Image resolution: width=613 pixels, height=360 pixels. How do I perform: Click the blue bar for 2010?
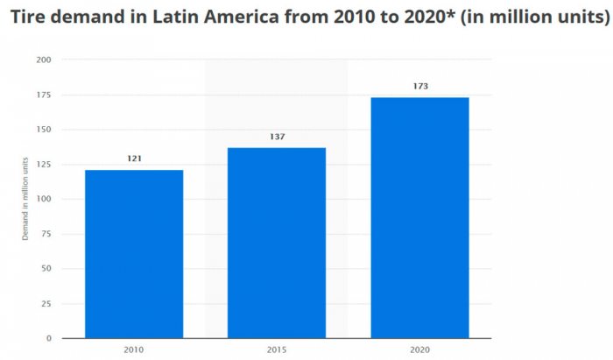pos(134,254)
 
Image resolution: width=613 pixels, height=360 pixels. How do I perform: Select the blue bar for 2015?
pos(277,243)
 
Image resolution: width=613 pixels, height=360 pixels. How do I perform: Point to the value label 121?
pos(134,159)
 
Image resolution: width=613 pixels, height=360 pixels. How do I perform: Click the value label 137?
pos(277,137)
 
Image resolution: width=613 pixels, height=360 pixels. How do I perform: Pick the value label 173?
pos(419,86)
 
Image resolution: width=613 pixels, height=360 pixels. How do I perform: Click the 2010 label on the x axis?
pos(134,350)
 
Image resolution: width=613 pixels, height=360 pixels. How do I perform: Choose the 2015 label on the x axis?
pos(277,350)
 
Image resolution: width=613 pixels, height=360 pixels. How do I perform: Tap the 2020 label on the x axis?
pos(419,350)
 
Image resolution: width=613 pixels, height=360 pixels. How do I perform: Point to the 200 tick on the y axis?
pos(44,60)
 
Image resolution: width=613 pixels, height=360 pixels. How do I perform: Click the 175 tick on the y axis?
pos(44,95)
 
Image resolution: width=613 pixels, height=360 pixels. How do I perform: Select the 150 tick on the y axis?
pos(44,130)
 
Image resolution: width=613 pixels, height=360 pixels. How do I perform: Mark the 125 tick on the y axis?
pos(44,165)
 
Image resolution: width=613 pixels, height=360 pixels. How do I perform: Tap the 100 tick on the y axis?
pos(44,200)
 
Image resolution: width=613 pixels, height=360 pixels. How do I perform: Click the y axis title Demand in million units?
pos(25,199)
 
